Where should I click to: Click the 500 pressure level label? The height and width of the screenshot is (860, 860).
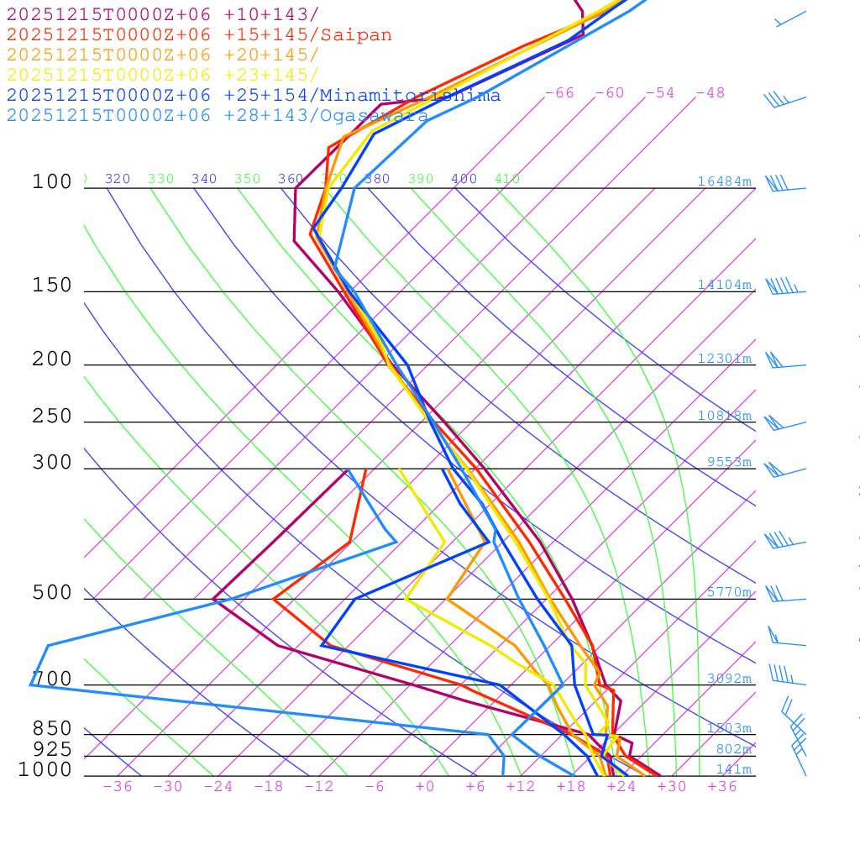(x=52, y=593)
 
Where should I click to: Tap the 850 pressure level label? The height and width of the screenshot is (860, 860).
(x=52, y=729)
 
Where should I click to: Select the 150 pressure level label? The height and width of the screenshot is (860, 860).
(x=52, y=286)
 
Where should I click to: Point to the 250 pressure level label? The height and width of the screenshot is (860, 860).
(x=52, y=417)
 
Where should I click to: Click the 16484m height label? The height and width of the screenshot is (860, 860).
(x=724, y=181)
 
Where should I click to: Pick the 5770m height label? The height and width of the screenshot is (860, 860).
(x=728, y=592)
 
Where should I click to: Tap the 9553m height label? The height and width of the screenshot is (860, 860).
(x=728, y=462)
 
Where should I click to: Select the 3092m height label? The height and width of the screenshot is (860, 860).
(x=728, y=679)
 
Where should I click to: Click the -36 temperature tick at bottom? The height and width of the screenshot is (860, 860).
(x=117, y=786)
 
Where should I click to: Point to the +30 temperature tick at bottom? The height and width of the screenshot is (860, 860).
(x=671, y=786)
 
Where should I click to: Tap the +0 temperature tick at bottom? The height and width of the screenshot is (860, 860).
(x=424, y=786)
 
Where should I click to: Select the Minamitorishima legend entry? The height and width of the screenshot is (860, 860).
(x=409, y=96)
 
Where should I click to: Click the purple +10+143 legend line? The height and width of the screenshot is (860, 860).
(x=163, y=15)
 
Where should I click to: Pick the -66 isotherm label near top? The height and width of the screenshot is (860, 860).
(x=558, y=93)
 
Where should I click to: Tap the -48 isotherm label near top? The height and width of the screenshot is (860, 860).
(x=710, y=93)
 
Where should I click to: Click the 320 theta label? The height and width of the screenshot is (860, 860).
(x=118, y=179)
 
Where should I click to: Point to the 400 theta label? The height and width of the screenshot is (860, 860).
(x=464, y=179)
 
